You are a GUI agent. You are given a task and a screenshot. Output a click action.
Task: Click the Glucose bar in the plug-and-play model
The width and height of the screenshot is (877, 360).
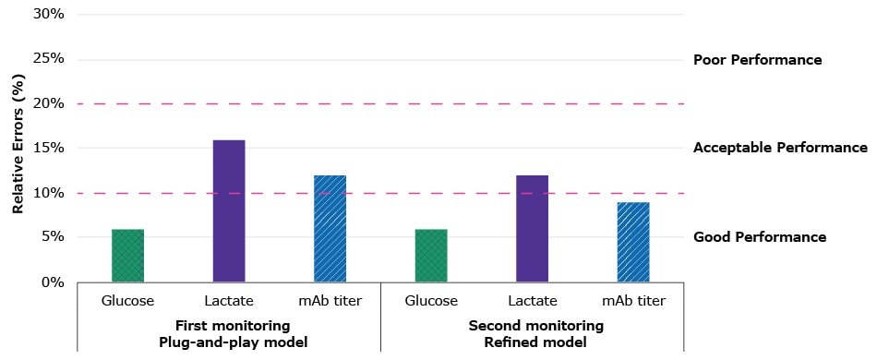[x=127, y=256]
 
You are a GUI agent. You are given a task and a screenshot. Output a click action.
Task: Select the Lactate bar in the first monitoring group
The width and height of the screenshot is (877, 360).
[x=229, y=211]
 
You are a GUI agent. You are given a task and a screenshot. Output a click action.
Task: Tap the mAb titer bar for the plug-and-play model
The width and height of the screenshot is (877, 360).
[x=330, y=229]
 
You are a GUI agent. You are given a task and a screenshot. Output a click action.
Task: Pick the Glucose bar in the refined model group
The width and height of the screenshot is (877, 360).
[x=431, y=256]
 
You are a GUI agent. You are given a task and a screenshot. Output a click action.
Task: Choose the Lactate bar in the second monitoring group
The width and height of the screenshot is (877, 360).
[x=532, y=229]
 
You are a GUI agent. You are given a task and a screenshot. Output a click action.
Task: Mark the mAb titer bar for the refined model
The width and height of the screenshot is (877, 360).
[x=633, y=242]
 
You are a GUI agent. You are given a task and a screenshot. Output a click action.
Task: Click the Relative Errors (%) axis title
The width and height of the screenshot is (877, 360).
[x=18, y=148]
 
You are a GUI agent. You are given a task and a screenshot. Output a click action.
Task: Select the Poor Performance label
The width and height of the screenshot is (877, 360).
[x=757, y=60]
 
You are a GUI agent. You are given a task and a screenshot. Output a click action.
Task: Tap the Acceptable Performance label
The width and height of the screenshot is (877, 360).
[x=780, y=148]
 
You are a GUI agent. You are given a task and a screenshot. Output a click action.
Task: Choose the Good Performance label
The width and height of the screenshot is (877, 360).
[x=759, y=237]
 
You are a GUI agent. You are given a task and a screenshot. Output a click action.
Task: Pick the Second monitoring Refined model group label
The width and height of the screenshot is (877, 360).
[x=535, y=333]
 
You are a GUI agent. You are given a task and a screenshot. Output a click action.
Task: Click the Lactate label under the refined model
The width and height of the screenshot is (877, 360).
[x=533, y=301]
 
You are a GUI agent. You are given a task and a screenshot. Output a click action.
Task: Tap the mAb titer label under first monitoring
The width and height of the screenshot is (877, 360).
[x=330, y=301]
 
